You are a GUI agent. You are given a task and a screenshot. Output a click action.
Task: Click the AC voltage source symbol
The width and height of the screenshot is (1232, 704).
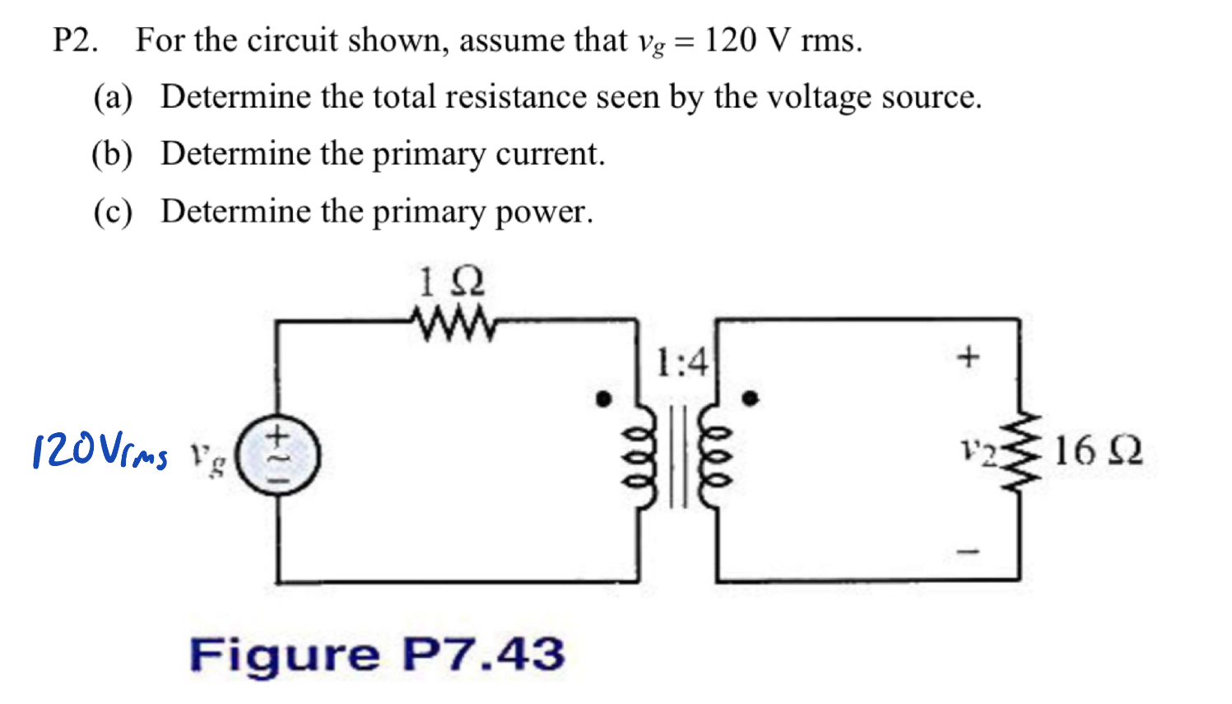[277, 455]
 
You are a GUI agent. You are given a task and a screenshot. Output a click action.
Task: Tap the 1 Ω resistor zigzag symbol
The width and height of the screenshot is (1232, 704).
[453, 324]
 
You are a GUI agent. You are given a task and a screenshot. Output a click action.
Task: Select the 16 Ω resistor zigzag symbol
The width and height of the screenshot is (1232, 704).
[1020, 451]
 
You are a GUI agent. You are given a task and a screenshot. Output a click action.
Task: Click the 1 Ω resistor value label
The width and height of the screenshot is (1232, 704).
[451, 282]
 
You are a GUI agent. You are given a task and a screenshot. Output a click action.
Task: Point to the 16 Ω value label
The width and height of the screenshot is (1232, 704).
[1098, 451]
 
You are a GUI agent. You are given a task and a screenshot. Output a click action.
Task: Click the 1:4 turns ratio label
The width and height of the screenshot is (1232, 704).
[681, 362]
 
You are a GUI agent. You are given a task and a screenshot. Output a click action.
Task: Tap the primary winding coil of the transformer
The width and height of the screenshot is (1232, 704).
[641, 459]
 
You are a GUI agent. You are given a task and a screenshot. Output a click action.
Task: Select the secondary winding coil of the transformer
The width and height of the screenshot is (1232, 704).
[713, 459]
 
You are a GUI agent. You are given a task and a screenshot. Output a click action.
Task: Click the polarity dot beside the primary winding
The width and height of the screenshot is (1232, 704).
[604, 399]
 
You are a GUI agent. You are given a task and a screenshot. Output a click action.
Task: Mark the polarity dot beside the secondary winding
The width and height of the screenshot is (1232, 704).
[750, 399]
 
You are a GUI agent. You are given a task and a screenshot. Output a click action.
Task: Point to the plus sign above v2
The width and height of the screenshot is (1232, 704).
[969, 357]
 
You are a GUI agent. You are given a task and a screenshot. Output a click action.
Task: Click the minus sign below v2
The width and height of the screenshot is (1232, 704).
[969, 551]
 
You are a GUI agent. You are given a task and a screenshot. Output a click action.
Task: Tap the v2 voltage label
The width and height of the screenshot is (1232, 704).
[978, 451]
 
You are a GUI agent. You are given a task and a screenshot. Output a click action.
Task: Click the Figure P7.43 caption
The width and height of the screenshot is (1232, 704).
[377, 655]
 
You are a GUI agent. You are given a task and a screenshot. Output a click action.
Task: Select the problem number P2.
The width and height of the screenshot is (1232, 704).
[76, 40]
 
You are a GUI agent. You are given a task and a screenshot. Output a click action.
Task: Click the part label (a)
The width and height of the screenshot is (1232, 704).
[113, 98]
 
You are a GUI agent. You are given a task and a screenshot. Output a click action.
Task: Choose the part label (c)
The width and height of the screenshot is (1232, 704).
[113, 212]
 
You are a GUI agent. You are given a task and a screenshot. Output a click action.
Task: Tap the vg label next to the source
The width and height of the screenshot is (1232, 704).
[207, 458]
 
